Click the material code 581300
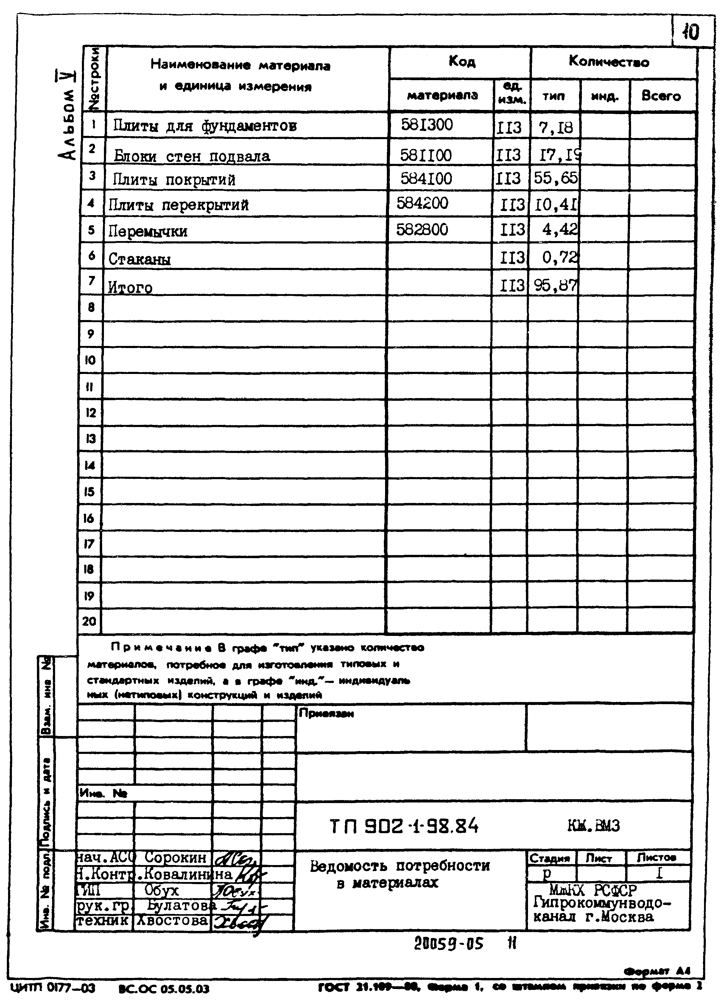(x=426, y=125)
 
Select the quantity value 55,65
(x=555, y=178)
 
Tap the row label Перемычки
(x=148, y=231)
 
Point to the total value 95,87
(x=555, y=286)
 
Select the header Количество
(x=609, y=62)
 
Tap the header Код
(x=462, y=61)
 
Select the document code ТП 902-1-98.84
(x=404, y=826)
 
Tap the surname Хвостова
(x=172, y=920)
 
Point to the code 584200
(x=422, y=204)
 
